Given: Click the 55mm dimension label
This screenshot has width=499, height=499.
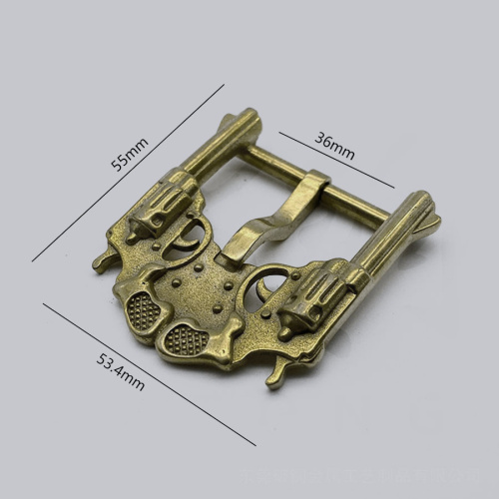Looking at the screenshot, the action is (130, 155).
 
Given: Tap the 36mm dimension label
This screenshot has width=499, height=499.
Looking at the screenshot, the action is (334, 146).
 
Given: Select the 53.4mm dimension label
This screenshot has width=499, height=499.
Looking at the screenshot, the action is (121, 372).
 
